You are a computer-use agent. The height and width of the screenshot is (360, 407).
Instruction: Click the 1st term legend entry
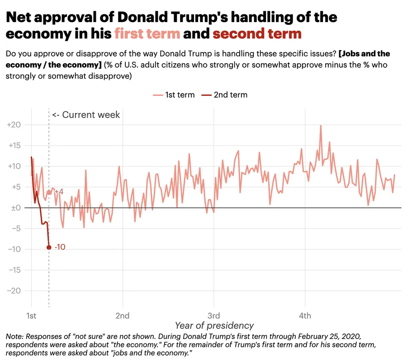pyautogui.click(x=174, y=95)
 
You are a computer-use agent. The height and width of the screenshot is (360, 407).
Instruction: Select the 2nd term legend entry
pyautogui.click(x=224, y=95)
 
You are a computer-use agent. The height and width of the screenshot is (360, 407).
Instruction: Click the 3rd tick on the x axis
pyautogui.click(x=213, y=315)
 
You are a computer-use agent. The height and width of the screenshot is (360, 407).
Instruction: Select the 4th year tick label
pyautogui.click(x=305, y=315)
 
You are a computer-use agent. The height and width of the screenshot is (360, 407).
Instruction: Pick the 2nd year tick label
pyautogui.click(x=123, y=315)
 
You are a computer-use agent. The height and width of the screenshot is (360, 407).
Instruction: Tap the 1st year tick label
pyautogui.click(x=31, y=315)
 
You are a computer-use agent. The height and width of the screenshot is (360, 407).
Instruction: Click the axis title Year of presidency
pyautogui.click(x=214, y=326)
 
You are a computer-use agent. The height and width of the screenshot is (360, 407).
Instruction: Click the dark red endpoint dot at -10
pyautogui.click(x=49, y=247)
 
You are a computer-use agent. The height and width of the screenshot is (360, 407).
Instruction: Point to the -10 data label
pyautogui.click(x=60, y=247)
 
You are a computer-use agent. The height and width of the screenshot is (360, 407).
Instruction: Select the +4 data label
pyautogui.click(x=59, y=192)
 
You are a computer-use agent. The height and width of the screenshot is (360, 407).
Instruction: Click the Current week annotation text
pyautogui.click(x=86, y=115)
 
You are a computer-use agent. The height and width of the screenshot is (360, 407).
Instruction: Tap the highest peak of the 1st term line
pyautogui.click(x=321, y=126)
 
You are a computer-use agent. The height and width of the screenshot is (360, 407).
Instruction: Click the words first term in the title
pyautogui.click(x=147, y=33)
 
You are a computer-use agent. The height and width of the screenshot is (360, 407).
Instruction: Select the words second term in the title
pyautogui.click(x=257, y=33)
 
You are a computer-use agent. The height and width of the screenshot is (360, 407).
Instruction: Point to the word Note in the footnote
pyautogui.click(x=14, y=337)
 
